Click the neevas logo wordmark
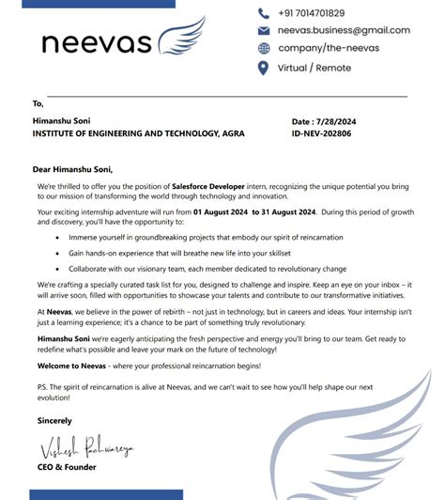point(96,42)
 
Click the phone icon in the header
point(264,13)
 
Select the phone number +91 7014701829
point(312,13)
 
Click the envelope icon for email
point(264,30)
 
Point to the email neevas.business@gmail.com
point(344,30)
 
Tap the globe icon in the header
point(264,48)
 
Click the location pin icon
point(264,68)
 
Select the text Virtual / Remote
point(314,68)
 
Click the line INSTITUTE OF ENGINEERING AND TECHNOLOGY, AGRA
point(139,134)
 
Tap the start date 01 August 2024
point(219,212)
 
